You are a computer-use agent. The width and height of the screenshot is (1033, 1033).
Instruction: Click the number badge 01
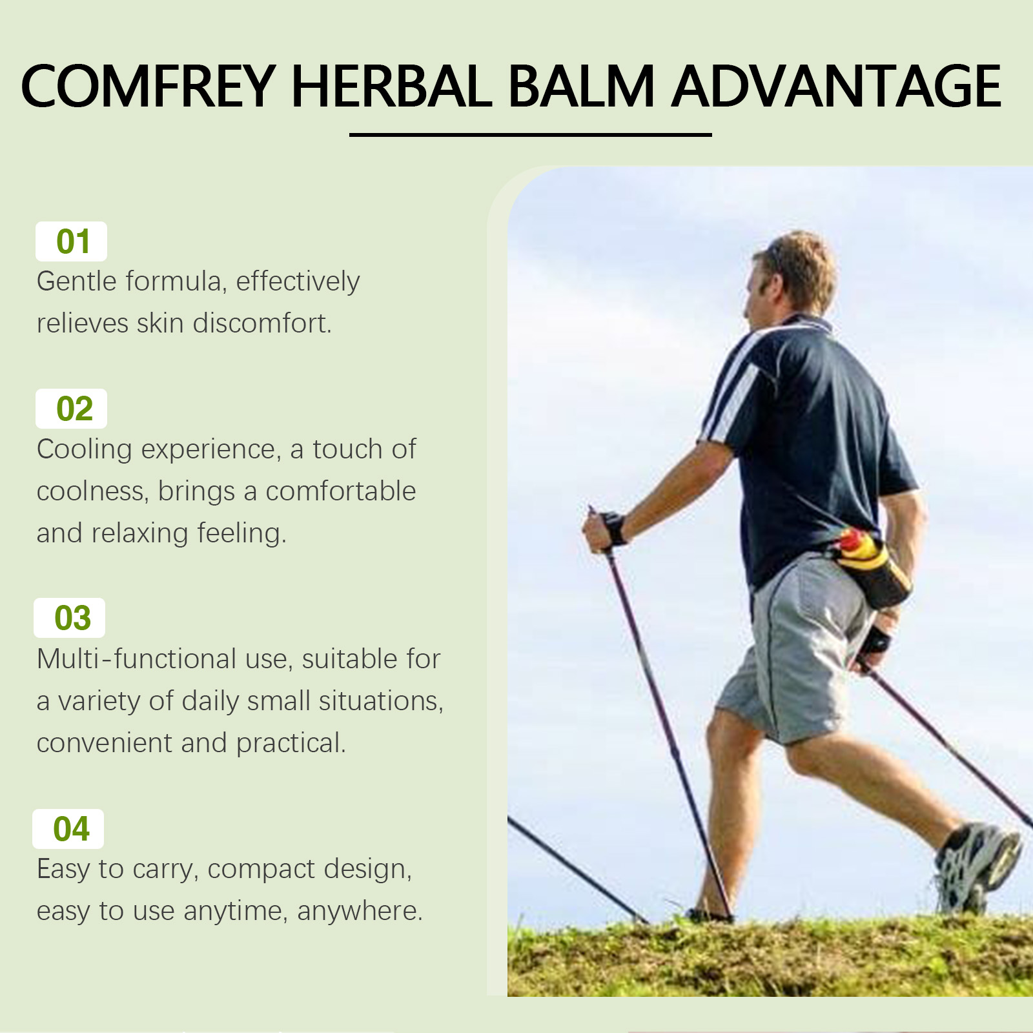pos(71,241)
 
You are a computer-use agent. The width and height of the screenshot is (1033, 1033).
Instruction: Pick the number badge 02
pos(71,409)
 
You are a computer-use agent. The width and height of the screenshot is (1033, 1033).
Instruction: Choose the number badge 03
pos(69,618)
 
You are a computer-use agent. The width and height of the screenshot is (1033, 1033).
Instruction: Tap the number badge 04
pos(68,829)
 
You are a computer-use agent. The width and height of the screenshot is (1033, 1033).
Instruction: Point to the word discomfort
pos(262,323)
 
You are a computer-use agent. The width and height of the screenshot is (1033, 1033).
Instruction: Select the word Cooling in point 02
pos(84,450)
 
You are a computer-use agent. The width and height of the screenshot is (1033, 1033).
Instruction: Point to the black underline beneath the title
pos(531,135)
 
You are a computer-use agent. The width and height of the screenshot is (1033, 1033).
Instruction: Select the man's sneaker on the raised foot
pos(977,865)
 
